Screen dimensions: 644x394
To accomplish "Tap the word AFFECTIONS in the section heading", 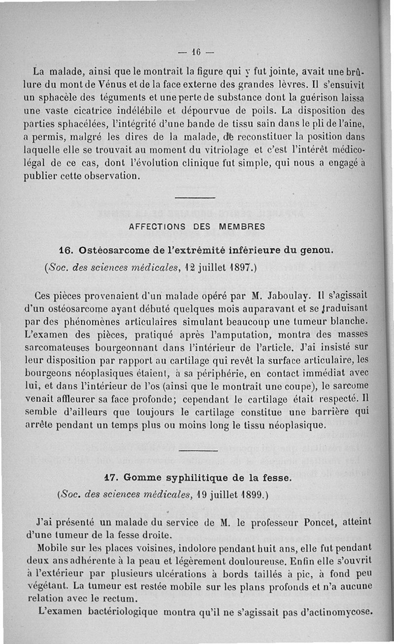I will pos(156,227).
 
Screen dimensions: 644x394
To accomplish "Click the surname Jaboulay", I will pos(288,297).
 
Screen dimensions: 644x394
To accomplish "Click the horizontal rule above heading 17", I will pos(197,450).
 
